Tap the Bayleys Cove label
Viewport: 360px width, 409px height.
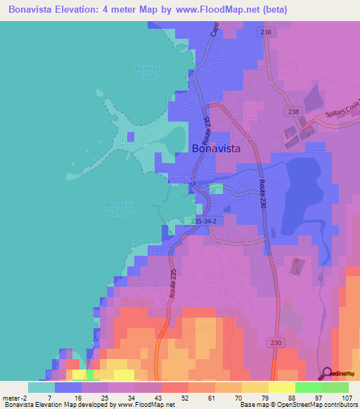146,72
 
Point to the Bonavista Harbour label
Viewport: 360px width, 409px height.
120,209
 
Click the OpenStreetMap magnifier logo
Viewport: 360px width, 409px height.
328,373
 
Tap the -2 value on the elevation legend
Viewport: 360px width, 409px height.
25,397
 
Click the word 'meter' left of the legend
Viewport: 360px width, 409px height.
11,397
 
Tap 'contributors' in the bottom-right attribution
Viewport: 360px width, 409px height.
340,405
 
